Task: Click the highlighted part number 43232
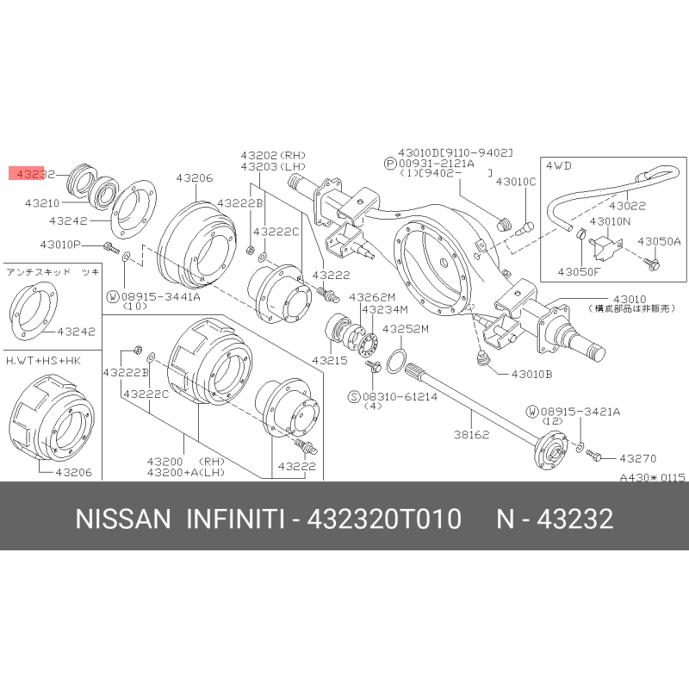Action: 35,174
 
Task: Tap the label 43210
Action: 42,203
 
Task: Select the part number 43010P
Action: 60,245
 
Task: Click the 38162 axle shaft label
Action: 471,435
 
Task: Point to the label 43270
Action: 637,459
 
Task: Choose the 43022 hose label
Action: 627,206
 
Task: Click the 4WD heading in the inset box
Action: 558,165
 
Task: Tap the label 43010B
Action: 531,375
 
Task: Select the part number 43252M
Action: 405,329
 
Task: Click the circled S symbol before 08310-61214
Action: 354,397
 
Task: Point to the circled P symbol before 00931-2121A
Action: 390,164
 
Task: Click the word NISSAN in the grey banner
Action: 123,518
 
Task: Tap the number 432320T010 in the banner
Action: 383,518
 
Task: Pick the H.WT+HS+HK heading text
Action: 43,361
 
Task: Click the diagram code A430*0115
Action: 652,477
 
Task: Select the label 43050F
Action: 578,271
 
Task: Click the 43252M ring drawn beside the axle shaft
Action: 397,361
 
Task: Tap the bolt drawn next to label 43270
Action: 593,456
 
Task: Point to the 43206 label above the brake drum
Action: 195,178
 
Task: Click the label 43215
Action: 330,360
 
